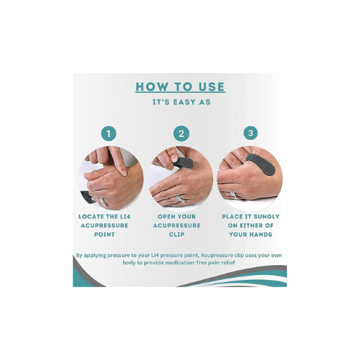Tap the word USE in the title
pyautogui.click(x=212, y=86)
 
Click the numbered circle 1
pyautogui.click(x=108, y=134)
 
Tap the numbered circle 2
pyautogui.click(x=181, y=134)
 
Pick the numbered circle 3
pyautogui.click(x=250, y=133)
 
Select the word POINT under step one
pyautogui.click(x=105, y=234)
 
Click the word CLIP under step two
pyautogui.click(x=176, y=234)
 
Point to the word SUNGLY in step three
pyautogui.click(x=265, y=217)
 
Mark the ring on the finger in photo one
pyautogui.click(x=103, y=202)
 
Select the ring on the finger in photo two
pyautogui.click(x=179, y=199)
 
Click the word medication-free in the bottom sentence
pyautogui.click(x=179, y=262)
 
